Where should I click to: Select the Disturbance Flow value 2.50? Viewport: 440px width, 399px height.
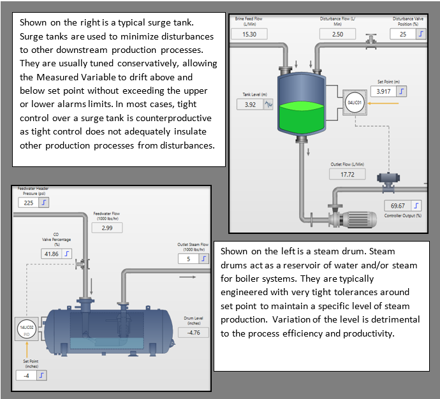point(338,34)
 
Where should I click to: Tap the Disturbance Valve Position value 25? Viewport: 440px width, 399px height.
point(403,34)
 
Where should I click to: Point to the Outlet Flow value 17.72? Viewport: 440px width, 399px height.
point(348,174)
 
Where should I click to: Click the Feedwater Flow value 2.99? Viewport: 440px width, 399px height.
point(107,228)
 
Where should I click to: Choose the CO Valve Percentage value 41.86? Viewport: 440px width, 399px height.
point(50,253)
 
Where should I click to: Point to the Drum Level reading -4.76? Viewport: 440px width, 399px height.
point(193,332)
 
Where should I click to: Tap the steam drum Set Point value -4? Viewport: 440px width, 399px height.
point(27,375)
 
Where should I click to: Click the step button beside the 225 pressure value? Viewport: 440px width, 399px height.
point(45,202)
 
